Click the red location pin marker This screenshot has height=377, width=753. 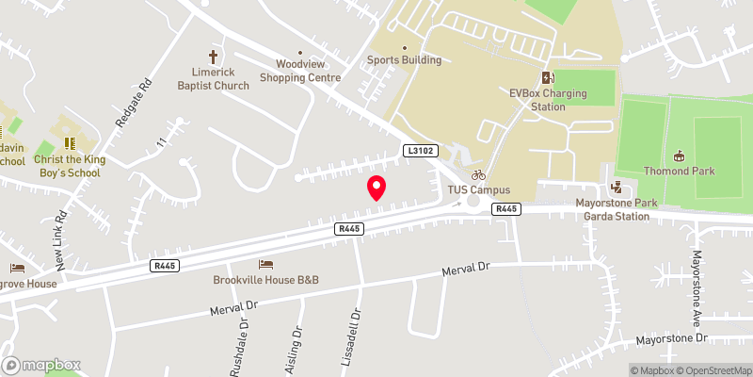pos(376,188)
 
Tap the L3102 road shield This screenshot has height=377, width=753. pos(420,151)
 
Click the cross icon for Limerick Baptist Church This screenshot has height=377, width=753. pos(214,57)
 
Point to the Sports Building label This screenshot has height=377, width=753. pos(404,60)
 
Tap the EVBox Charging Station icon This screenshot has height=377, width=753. pos(547,77)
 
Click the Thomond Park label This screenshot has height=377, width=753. pos(680,171)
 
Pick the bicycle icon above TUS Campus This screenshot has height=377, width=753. pos(478,174)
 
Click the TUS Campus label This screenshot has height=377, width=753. pos(478,189)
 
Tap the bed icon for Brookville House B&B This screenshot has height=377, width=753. pos(265,264)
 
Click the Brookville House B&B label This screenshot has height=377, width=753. pos(264,280)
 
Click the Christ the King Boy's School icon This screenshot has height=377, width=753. pos(68,142)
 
